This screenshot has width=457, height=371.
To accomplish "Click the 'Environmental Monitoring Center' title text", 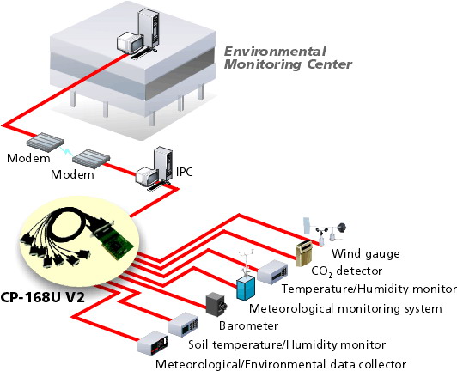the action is point(288,58).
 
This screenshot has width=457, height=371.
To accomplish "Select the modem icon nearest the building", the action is point(46,143).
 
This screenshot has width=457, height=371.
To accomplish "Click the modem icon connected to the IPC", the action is point(91,159).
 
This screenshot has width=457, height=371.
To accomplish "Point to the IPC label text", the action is point(185,172).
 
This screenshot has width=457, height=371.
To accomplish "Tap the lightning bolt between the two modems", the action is point(67,152).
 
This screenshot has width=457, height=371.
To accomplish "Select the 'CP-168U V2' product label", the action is point(43,297).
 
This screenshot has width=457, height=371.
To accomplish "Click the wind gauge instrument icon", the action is point(325,230).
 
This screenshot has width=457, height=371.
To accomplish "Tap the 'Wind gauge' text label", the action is point(365,254).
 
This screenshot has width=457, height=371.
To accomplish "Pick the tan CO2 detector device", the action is point(304,253).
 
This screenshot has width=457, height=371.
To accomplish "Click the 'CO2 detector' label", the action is point(346,271).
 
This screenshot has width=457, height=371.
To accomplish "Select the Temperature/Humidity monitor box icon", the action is point(273,272).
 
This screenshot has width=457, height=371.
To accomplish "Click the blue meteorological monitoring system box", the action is point(246,288).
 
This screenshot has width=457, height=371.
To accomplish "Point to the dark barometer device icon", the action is point(216,304).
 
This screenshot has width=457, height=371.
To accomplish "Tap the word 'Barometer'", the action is point(248,325).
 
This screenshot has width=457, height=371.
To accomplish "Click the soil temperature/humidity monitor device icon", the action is point(183,325).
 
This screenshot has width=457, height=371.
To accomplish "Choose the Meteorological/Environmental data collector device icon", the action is point(153,343).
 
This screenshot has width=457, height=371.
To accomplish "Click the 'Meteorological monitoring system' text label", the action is point(345,308).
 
